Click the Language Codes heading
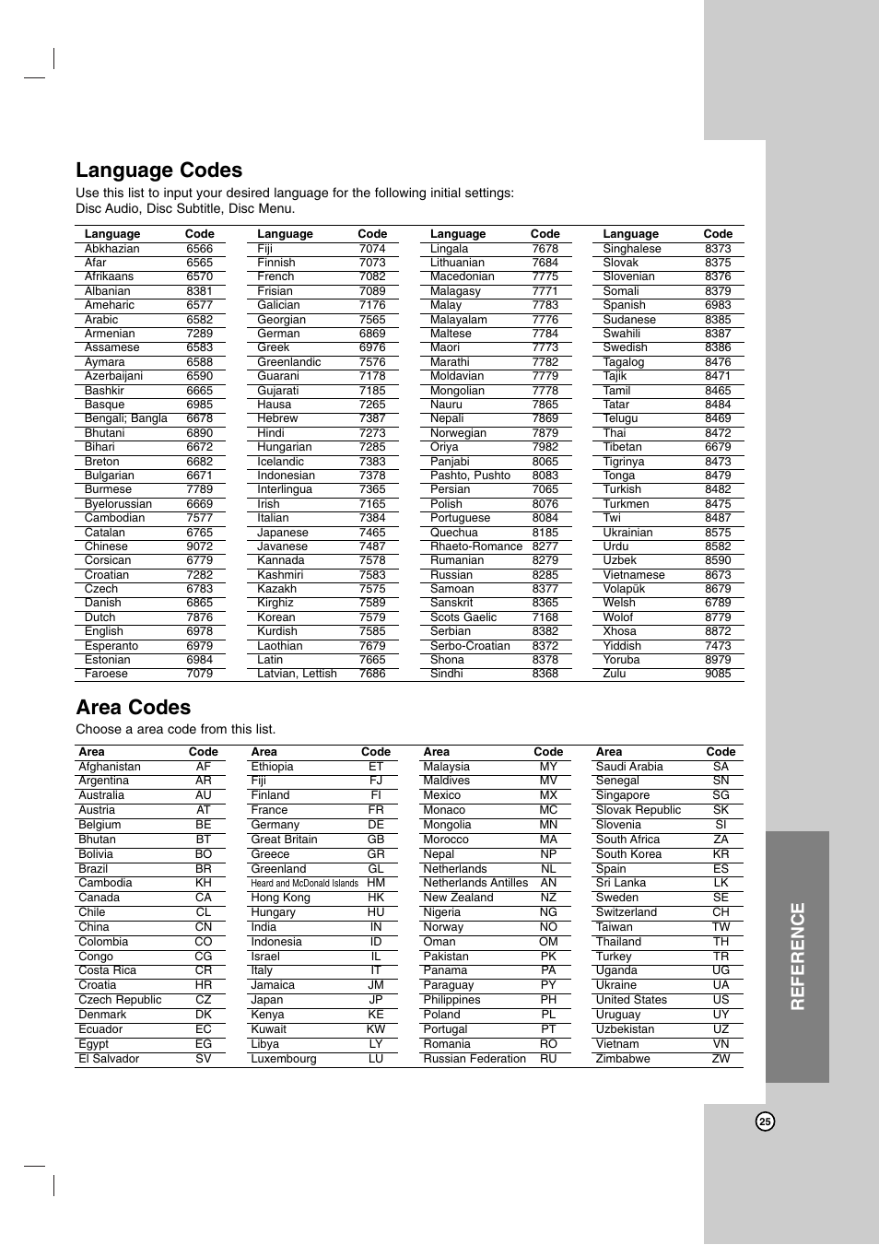[158, 170]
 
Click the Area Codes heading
[133, 708]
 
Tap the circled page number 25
[765, 1122]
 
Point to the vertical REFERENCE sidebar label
[797, 957]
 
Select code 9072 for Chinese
[199, 546]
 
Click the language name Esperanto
[111, 646]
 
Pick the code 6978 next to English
[199, 631]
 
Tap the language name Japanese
[283, 533]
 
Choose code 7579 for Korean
[372, 617]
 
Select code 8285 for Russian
[545, 575]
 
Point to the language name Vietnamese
[634, 575]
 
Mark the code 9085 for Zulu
[718, 674]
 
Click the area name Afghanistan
[110, 767]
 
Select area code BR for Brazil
[204, 869]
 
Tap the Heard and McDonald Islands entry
[304, 883]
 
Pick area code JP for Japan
[376, 1000]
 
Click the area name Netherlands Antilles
[475, 883]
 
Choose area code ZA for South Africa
[721, 840]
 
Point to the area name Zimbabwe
[623, 1059]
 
